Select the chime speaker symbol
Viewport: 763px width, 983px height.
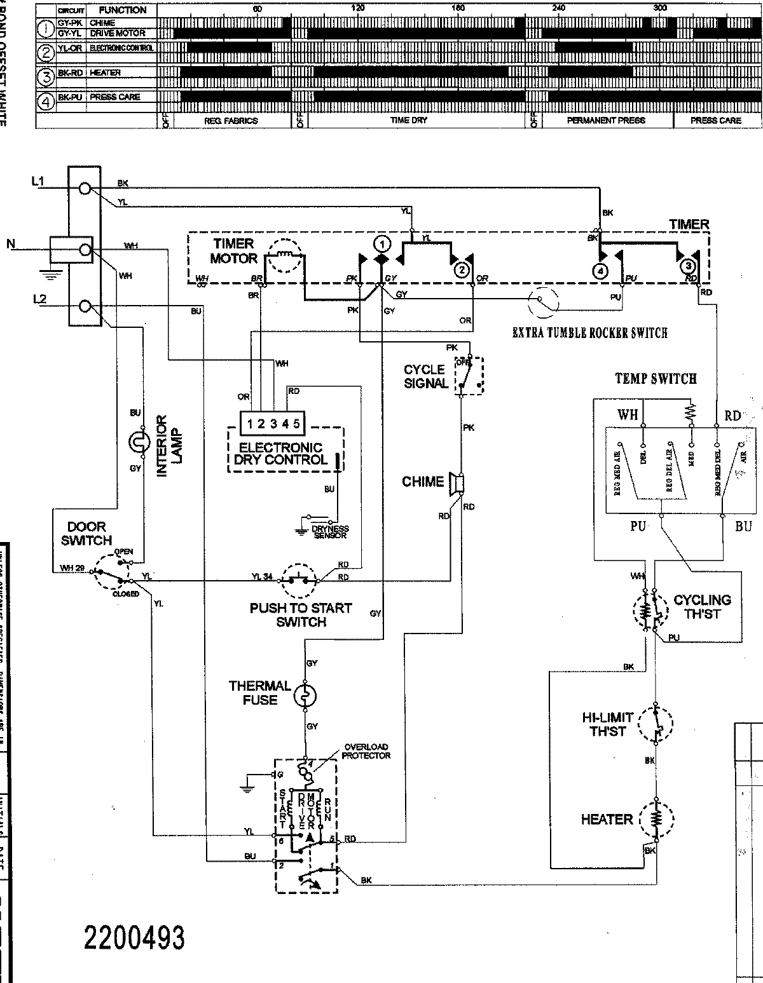click(x=457, y=483)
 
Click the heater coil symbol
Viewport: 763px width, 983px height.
click(x=655, y=818)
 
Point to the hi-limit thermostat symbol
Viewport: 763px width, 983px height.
click(x=655, y=724)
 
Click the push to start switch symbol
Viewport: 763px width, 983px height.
click(x=299, y=580)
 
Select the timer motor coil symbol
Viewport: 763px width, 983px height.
click(x=285, y=257)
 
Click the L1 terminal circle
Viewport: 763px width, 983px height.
click(x=85, y=189)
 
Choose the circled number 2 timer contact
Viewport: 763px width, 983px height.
click(x=463, y=271)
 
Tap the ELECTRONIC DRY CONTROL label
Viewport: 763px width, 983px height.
click(x=280, y=454)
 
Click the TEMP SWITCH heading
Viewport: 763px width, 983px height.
click(x=656, y=379)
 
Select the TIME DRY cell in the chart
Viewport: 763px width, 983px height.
click(x=409, y=120)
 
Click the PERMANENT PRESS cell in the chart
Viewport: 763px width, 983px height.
click(x=606, y=120)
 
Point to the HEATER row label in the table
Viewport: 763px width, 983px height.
click(x=105, y=72)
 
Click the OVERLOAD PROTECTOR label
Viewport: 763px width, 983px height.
click(x=366, y=751)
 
